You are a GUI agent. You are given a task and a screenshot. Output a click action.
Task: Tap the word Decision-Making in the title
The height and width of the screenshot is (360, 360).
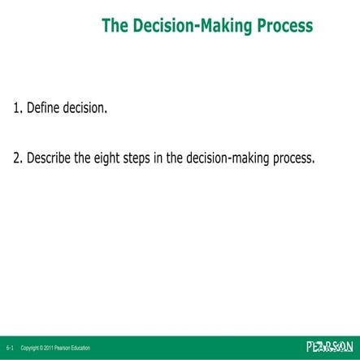pyautogui.click(x=184, y=26)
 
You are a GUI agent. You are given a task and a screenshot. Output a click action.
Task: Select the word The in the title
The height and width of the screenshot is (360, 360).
pyautogui.click(x=115, y=26)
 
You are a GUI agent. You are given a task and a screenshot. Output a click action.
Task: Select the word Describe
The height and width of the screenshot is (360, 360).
pyautogui.click(x=54, y=158)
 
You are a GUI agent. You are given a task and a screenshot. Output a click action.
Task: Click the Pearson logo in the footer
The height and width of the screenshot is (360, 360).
pyautogui.click(x=329, y=347)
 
